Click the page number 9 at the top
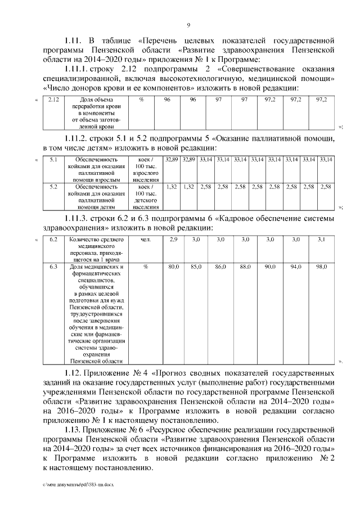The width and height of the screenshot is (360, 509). [x=188, y=24]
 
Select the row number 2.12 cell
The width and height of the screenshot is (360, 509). [x=54, y=100]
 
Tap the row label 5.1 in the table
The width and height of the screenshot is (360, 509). [x=54, y=160]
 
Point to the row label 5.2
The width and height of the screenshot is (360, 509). [x=54, y=186]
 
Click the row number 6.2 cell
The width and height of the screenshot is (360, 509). [x=54, y=240]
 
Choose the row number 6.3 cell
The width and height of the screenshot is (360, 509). [x=54, y=266]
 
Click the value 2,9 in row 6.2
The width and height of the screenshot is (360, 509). [x=174, y=240]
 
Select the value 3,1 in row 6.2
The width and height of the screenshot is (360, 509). [x=321, y=240]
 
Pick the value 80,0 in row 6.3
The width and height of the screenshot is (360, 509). [x=174, y=266]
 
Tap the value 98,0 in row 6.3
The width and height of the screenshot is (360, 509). [x=321, y=266]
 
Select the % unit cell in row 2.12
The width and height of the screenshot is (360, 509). [x=141, y=100]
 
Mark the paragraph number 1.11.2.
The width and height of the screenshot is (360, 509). [x=78, y=138]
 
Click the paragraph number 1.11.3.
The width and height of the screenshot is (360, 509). [x=78, y=218]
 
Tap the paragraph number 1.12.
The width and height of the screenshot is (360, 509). [x=74, y=373]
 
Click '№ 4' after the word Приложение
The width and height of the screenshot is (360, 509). [x=140, y=373]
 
